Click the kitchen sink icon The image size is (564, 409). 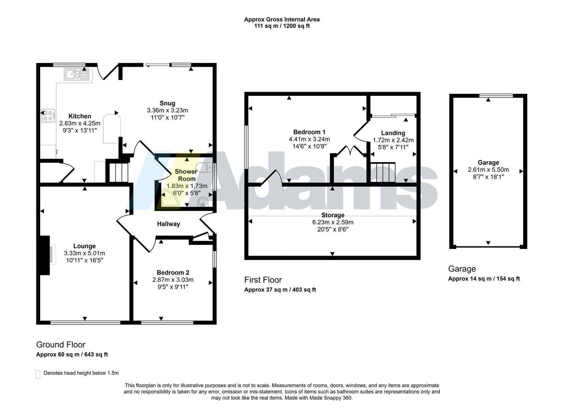click(76, 74)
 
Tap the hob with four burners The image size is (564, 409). click(48, 116)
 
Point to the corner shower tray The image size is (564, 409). click(170, 198)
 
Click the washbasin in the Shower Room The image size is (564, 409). click(203, 202)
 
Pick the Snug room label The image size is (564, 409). click(167, 103)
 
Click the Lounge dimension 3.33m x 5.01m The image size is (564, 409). click(84, 254)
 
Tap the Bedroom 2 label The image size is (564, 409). click(173, 273)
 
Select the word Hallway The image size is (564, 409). click(168, 224)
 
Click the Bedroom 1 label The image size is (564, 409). click(309, 132)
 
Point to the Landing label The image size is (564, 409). click(393, 133)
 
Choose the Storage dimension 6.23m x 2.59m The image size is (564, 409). click(333, 222)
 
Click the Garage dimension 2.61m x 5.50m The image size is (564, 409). click(488, 170)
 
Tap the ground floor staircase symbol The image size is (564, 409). click(118, 172)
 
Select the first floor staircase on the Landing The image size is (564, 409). click(383, 172)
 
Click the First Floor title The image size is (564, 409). click(263, 280)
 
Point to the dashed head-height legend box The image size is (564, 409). click(38, 374)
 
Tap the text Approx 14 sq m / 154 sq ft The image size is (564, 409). click(484, 279)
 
